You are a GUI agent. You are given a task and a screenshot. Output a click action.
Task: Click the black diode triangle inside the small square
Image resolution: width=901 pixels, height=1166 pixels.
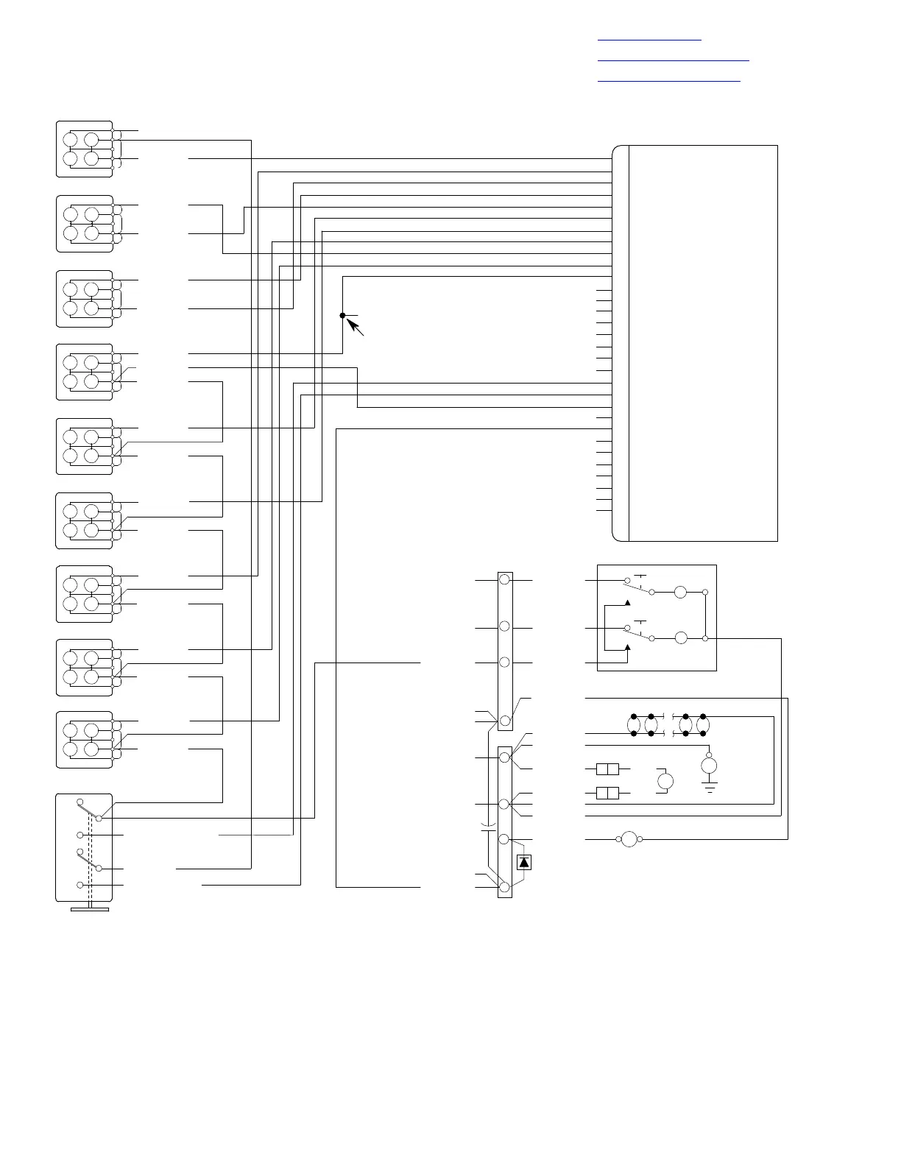(x=523, y=862)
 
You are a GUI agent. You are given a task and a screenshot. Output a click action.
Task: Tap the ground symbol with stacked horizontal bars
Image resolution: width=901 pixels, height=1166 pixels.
(x=709, y=788)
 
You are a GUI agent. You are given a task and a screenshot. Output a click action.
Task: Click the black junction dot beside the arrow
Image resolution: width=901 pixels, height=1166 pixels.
(x=342, y=315)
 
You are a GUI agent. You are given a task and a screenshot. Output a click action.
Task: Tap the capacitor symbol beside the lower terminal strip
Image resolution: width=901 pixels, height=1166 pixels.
(x=487, y=827)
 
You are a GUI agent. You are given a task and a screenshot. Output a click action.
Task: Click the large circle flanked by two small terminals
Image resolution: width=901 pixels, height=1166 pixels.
(x=629, y=838)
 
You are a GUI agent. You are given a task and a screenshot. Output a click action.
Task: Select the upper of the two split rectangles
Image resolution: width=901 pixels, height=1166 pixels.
(x=607, y=770)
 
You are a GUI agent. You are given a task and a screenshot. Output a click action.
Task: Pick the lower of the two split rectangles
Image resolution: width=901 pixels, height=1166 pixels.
(x=607, y=793)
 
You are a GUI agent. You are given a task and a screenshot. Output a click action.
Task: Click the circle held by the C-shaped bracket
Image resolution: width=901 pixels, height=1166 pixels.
(x=665, y=781)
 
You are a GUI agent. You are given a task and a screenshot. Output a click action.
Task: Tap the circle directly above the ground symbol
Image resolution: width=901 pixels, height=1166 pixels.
(x=709, y=766)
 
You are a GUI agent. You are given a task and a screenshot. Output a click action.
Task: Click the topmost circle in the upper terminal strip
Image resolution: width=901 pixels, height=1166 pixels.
(x=505, y=580)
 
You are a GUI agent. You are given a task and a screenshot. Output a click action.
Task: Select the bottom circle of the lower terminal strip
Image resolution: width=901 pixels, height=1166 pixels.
(x=505, y=887)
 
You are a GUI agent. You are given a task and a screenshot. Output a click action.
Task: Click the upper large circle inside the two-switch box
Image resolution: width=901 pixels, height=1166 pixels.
(x=681, y=592)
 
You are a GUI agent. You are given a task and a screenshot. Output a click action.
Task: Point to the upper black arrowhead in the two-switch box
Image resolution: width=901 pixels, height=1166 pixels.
(x=628, y=603)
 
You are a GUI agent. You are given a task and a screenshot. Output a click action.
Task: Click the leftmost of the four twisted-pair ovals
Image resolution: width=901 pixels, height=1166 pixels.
(x=634, y=724)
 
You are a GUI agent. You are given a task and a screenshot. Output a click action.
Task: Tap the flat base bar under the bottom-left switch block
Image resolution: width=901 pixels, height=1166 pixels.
(x=90, y=910)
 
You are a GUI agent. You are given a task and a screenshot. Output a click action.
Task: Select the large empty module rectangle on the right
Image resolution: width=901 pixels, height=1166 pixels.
(x=703, y=343)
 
